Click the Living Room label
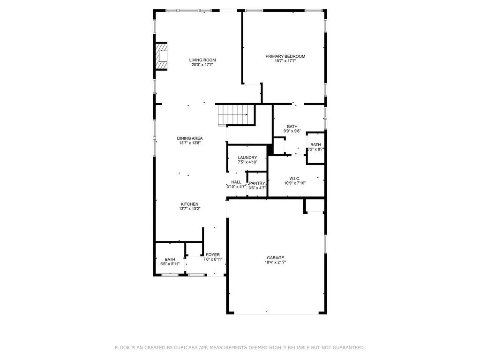202,60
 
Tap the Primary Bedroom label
285,56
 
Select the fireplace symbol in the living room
162,56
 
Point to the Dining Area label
190,138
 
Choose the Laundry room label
247,157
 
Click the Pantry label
257,183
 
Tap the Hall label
236,182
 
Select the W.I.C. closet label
294,178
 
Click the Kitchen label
190,204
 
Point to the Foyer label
212,255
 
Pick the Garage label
275,257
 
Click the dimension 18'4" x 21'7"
275,262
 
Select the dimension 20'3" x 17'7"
202,65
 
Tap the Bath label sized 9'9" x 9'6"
292,127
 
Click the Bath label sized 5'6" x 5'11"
170,259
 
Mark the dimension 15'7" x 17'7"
285,61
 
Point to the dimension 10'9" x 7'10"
294,183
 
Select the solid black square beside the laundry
270,149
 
